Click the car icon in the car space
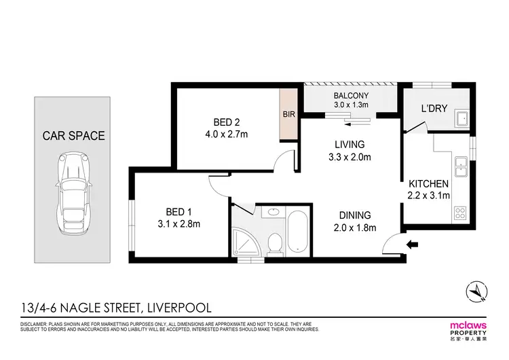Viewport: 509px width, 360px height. click(74, 187)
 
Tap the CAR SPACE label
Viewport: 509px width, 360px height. click(74, 136)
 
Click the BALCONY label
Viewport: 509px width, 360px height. click(350, 96)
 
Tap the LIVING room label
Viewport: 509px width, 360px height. click(350, 145)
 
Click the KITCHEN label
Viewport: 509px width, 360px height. click(428, 184)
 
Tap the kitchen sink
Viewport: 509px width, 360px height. click(461, 164)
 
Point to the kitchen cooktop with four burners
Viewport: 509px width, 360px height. click(461, 211)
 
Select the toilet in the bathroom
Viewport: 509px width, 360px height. click(275, 244)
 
